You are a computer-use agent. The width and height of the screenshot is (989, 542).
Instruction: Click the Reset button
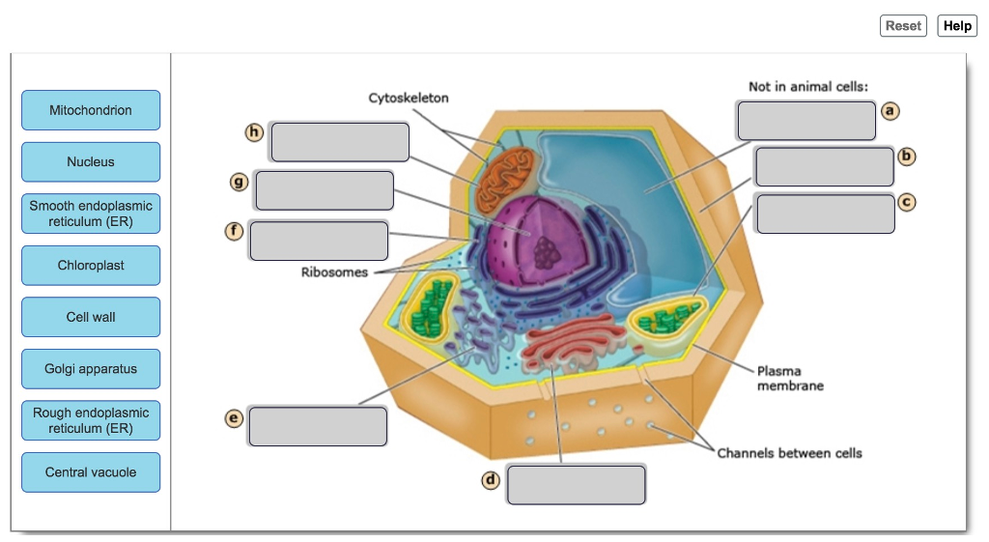click(903, 26)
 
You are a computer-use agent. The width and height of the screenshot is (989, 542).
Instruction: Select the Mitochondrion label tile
click(91, 110)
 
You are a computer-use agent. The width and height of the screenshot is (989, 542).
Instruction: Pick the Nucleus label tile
click(91, 162)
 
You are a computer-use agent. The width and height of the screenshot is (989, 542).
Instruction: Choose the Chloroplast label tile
click(91, 266)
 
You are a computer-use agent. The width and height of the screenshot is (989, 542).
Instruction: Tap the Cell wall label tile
click(91, 317)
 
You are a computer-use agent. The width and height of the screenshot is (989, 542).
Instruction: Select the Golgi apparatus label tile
click(91, 369)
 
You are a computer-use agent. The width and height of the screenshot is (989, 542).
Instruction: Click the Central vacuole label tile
click(91, 472)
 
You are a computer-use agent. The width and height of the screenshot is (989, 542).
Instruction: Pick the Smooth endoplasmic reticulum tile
click(91, 214)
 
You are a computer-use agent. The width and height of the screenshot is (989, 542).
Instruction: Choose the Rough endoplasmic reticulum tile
click(91, 420)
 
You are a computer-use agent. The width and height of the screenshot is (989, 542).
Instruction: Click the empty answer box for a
click(806, 121)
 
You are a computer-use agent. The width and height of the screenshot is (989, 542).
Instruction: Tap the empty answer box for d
click(576, 484)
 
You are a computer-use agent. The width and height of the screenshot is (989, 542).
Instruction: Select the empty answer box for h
click(340, 142)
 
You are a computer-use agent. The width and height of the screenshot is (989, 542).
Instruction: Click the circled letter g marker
click(238, 181)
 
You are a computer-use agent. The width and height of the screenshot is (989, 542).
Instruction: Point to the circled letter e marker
click(233, 417)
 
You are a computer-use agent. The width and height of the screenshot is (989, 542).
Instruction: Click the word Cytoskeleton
click(409, 99)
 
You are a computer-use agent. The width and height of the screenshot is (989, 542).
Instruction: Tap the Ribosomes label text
click(334, 272)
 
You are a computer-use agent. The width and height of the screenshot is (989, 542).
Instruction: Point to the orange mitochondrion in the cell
click(502, 178)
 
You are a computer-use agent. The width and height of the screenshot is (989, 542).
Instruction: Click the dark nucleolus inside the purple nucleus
click(548, 253)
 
